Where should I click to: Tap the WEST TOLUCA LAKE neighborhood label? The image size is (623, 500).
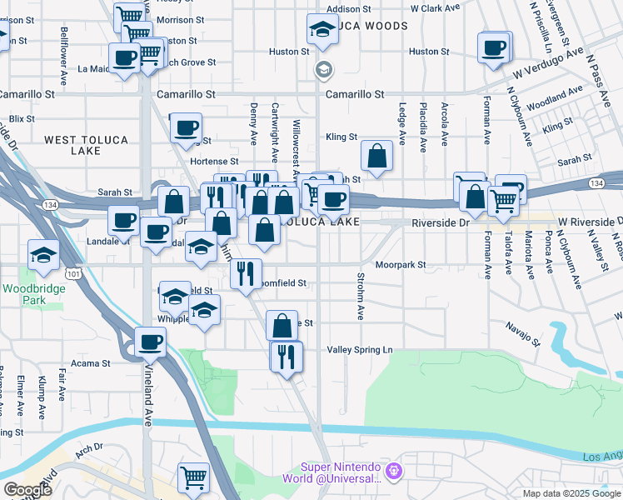85,146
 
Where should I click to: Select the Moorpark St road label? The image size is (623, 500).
400,265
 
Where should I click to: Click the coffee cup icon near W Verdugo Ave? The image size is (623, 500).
495,47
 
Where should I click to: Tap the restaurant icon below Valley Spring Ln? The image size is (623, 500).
286,357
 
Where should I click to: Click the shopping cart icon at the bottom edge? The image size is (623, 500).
193,477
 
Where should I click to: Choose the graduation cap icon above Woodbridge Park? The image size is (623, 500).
43,253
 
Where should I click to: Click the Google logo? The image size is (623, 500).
27,490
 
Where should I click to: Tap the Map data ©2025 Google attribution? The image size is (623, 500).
571,493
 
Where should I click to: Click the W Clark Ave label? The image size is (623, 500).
435,8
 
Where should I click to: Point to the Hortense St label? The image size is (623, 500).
214,161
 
